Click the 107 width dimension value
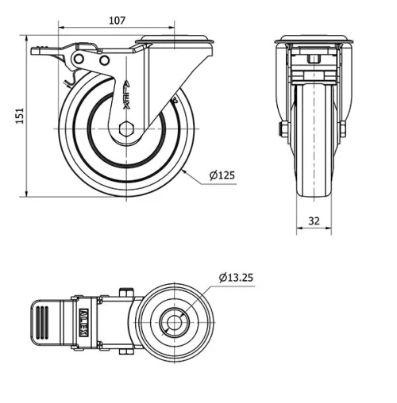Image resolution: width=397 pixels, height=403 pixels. coord(117,21)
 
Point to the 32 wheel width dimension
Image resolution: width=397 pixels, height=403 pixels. coord(314,221)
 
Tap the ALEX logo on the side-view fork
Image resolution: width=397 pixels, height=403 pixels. coord(126,96)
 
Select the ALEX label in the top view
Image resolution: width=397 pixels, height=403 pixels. coord(83,322)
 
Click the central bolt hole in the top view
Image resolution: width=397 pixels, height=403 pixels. coord(172,322)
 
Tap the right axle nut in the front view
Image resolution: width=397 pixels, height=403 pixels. coord(344,128)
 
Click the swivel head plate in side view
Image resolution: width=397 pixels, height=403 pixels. coord(175,40)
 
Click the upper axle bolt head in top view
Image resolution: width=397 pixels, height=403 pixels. coord(125,291)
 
